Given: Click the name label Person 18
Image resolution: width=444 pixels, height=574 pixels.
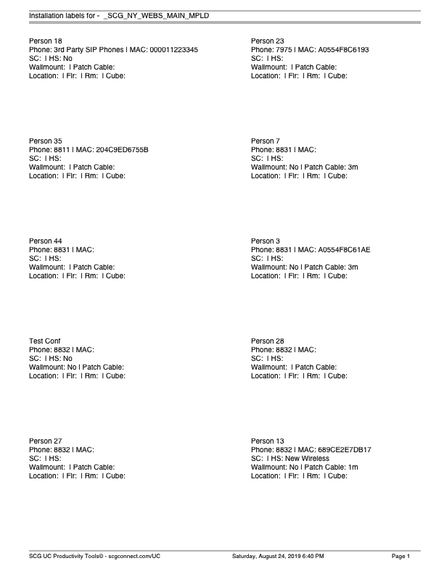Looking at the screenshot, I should (x=46, y=41).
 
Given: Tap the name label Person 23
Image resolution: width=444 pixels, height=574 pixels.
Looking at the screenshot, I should (x=268, y=41).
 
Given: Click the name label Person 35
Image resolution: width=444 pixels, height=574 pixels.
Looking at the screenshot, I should (x=46, y=141).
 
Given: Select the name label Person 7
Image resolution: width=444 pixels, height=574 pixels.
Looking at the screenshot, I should (x=266, y=141).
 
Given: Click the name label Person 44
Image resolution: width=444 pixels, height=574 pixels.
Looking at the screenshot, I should (x=46, y=241).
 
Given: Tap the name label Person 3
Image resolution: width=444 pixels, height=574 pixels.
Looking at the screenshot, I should (x=266, y=241).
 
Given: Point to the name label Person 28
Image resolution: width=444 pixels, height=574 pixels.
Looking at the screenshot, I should (x=268, y=341).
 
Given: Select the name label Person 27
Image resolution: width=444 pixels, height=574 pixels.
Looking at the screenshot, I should (x=46, y=441).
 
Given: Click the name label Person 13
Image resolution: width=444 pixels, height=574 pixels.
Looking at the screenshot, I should (x=268, y=441).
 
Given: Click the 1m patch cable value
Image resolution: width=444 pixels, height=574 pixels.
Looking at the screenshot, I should (x=353, y=467).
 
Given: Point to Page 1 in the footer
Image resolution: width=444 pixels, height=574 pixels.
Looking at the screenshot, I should (x=401, y=556).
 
